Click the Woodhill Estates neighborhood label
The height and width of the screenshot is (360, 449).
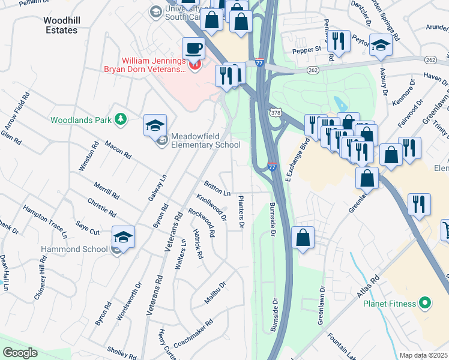(61, 25)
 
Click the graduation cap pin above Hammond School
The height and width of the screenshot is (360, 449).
(123, 238)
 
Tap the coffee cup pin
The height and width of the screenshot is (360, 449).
(193, 48)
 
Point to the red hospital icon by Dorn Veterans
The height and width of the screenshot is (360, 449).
(194, 66)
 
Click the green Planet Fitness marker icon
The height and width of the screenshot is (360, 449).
(425, 304)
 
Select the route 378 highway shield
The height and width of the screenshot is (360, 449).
(275, 112)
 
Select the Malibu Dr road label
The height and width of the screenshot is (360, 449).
(214, 293)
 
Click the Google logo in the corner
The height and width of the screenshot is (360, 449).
(20, 353)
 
